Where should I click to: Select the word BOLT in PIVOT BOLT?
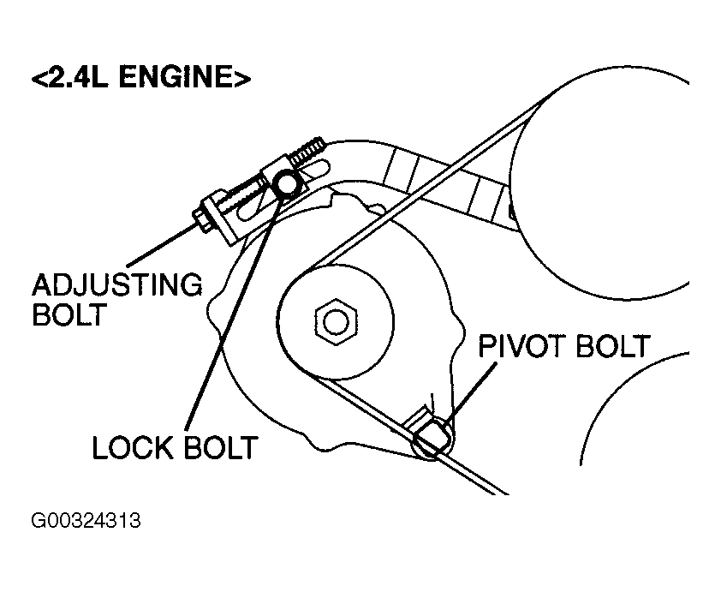coord(613,346)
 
